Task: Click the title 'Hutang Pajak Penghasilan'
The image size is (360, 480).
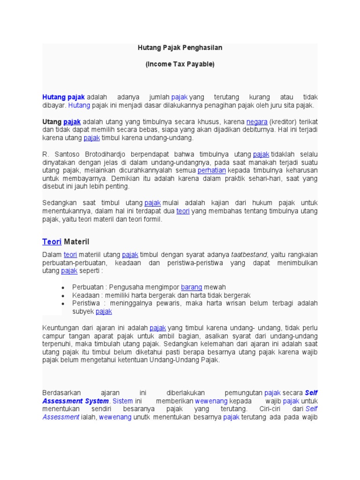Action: point(180,48)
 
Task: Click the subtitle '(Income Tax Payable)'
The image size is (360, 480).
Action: point(180,65)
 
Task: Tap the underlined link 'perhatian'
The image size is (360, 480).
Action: point(212,170)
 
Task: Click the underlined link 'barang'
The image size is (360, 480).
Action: point(191,286)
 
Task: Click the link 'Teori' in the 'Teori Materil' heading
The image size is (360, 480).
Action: point(52,242)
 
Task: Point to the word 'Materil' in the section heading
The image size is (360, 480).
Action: point(76,242)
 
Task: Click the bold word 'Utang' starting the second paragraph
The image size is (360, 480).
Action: point(52,121)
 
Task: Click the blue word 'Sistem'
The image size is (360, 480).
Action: point(123,401)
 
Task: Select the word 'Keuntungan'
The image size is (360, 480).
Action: point(60,327)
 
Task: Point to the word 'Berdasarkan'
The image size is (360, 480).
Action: point(62,392)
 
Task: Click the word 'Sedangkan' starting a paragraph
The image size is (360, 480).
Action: point(59,202)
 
